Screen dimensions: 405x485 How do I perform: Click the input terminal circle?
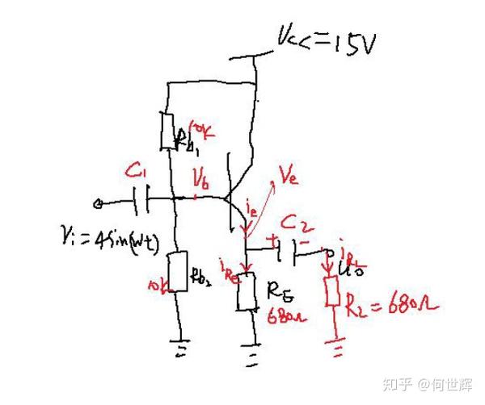coord(99,202)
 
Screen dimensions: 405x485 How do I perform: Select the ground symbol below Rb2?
coord(177,349)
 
